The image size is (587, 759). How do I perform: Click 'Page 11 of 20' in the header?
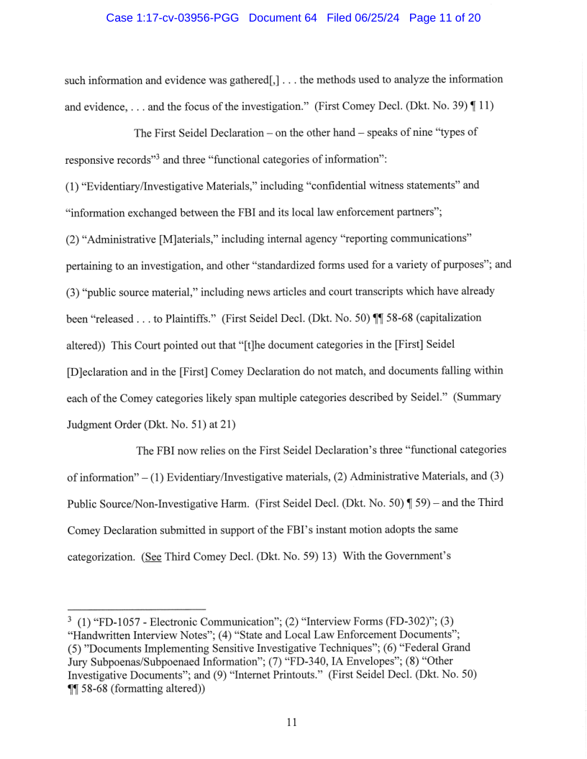click(445, 17)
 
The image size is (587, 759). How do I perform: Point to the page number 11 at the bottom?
click(291, 722)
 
